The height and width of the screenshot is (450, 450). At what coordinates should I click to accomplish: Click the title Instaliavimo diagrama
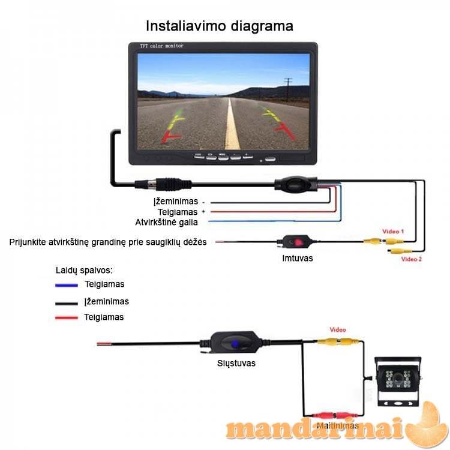[x=220, y=26]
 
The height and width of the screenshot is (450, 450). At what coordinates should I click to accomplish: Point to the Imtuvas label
[x=298, y=259]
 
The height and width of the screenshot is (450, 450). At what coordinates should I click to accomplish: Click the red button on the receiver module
[x=297, y=242]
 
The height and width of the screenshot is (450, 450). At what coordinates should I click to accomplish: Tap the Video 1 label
[x=394, y=231]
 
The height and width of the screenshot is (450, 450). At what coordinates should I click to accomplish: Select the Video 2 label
[x=412, y=259]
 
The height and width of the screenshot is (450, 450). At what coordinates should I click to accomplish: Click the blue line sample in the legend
[x=66, y=285]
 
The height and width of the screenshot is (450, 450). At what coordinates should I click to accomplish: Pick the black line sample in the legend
[x=66, y=303]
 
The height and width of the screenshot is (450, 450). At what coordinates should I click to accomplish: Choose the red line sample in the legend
[x=66, y=317]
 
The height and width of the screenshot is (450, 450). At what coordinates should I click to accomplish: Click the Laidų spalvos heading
[x=85, y=270]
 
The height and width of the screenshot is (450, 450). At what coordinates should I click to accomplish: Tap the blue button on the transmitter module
[x=236, y=345]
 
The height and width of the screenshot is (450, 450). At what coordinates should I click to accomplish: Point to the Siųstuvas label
[x=236, y=364]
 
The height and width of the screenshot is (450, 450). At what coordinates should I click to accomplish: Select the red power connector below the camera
[x=332, y=415]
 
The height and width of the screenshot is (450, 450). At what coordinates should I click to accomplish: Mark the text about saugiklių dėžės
[x=108, y=242]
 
